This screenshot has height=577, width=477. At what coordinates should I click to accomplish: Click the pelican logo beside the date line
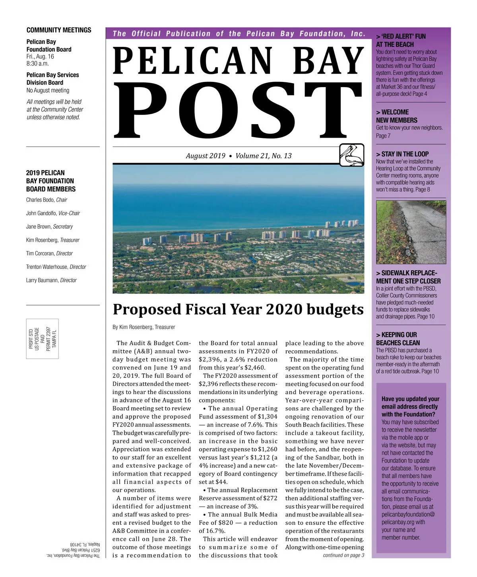coord(352,155)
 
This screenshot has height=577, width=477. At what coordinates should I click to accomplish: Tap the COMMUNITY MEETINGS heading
coord(59,30)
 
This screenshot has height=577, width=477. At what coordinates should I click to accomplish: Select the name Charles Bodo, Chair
coord(47,200)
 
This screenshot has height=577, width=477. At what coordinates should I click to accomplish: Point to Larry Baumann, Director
coord(51,280)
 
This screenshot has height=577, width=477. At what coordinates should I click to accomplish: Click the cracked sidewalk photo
coord(411,231)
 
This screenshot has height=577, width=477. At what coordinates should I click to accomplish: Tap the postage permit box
coord(43,338)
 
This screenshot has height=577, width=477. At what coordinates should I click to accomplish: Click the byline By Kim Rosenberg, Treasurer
coord(143,327)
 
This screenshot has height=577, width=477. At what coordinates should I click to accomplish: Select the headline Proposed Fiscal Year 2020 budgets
coord(238,309)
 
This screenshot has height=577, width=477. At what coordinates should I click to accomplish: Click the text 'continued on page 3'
coord(343,555)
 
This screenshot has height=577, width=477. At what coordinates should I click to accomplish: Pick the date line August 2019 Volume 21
coord(238,156)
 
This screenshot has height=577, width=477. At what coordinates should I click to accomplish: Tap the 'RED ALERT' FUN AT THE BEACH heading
coord(400,41)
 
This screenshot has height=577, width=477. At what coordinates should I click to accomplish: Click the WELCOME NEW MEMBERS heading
coord(397,116)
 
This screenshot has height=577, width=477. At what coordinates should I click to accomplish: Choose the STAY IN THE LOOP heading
coord(402,154)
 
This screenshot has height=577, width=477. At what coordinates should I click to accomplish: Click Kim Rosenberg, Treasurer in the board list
coord(53,240)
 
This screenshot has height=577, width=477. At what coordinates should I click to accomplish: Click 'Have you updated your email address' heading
coord(410,406)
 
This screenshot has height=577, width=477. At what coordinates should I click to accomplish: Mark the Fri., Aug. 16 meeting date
coord(40,56)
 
